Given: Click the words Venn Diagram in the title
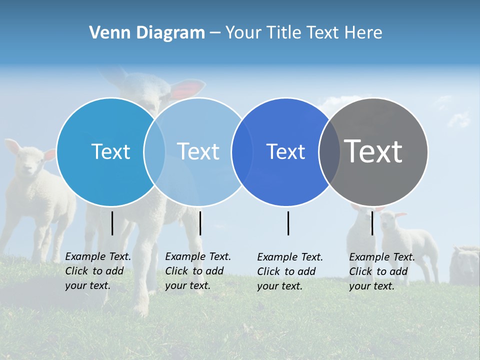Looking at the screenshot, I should point(147,33).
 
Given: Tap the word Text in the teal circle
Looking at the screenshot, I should point(110,151).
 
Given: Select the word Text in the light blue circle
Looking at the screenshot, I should point(198,151).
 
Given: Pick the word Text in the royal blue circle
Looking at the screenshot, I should point(285,151).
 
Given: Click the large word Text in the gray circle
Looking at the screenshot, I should point(373,151).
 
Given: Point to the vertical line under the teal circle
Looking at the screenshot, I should point(112,223).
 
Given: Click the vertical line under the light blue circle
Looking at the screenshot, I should point(200,223).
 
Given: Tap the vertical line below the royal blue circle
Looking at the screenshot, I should point(288,223).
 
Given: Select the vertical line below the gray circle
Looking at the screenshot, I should point(372,223).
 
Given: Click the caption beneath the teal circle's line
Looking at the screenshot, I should point(98,271).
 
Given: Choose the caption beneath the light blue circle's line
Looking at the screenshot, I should point(198,271).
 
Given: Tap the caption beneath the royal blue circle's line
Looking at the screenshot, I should point(290,271).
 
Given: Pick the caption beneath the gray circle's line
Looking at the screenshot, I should point(382,271).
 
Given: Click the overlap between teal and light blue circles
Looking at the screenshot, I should point(154,151).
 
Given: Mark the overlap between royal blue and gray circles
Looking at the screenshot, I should point(329,151).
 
